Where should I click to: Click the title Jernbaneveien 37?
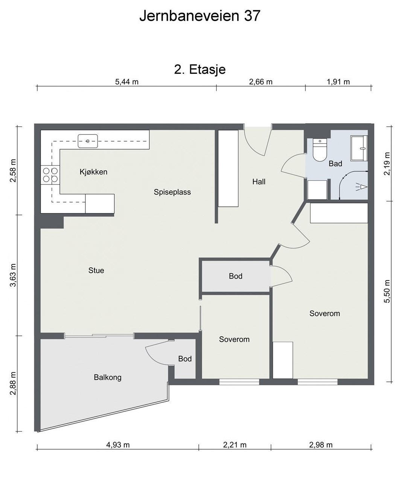coord(200,16)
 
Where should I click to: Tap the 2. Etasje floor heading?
coord(200,69)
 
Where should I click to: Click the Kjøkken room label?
coord(93,172)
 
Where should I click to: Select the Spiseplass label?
coord(172,192)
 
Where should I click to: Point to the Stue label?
coord(96,270)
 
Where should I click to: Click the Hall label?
coord(259,181)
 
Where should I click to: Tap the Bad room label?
coord(335,164)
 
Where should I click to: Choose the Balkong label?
coord(108,377)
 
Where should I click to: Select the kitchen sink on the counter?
coord(88,141)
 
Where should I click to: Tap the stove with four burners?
coord(50,175)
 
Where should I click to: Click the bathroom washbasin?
coord(359,148)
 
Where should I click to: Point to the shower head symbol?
coord(361,187)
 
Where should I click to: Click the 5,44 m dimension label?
coord(127,82)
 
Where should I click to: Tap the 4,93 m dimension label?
coord(118,445)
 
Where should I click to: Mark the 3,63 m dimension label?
coord(13,275)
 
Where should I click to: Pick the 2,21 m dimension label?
coord(235,445)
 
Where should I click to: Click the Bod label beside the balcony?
coord(185,359)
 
